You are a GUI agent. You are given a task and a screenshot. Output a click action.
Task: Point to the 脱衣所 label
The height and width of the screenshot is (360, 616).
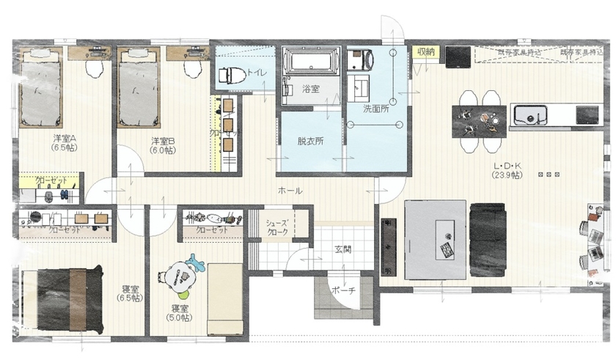click(x=310, y=141)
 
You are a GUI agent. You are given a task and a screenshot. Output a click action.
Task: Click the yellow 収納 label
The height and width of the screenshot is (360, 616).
click(x=425, y=51)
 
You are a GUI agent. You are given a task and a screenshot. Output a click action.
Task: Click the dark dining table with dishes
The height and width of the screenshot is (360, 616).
click(x=479, y=120)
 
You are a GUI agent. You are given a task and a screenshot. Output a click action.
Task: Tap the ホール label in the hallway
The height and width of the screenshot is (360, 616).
click(x=289, y=191)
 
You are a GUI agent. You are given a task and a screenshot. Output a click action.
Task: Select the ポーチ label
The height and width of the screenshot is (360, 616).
click(x=342, y=290)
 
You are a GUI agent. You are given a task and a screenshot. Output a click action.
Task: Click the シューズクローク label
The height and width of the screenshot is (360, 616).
click(x=276, y=227)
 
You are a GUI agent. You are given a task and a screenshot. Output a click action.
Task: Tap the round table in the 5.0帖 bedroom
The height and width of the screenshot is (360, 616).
click(x=177, y=277)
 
